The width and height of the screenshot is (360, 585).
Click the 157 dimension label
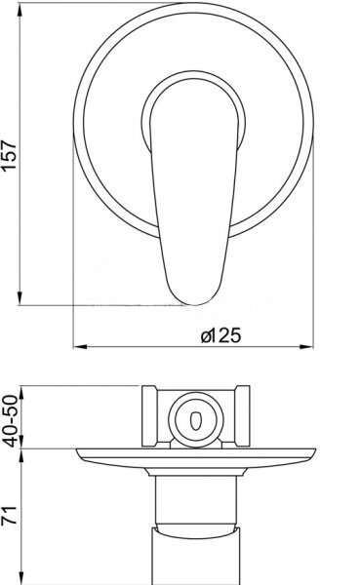(10, 155)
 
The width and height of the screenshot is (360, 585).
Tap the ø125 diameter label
(221, 335)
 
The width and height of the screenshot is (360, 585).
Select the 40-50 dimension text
(11, 421)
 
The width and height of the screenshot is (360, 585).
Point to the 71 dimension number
(10, 515)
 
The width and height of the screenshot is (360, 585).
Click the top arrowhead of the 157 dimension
(20, 11)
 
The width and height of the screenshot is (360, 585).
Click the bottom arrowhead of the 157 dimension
(20, 298)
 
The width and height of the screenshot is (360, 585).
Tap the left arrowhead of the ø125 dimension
(80, 346)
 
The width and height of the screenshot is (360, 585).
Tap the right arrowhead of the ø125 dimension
(306, 346)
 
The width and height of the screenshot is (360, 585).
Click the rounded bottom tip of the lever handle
(194, 304)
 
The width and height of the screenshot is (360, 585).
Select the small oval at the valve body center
(196, 420)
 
